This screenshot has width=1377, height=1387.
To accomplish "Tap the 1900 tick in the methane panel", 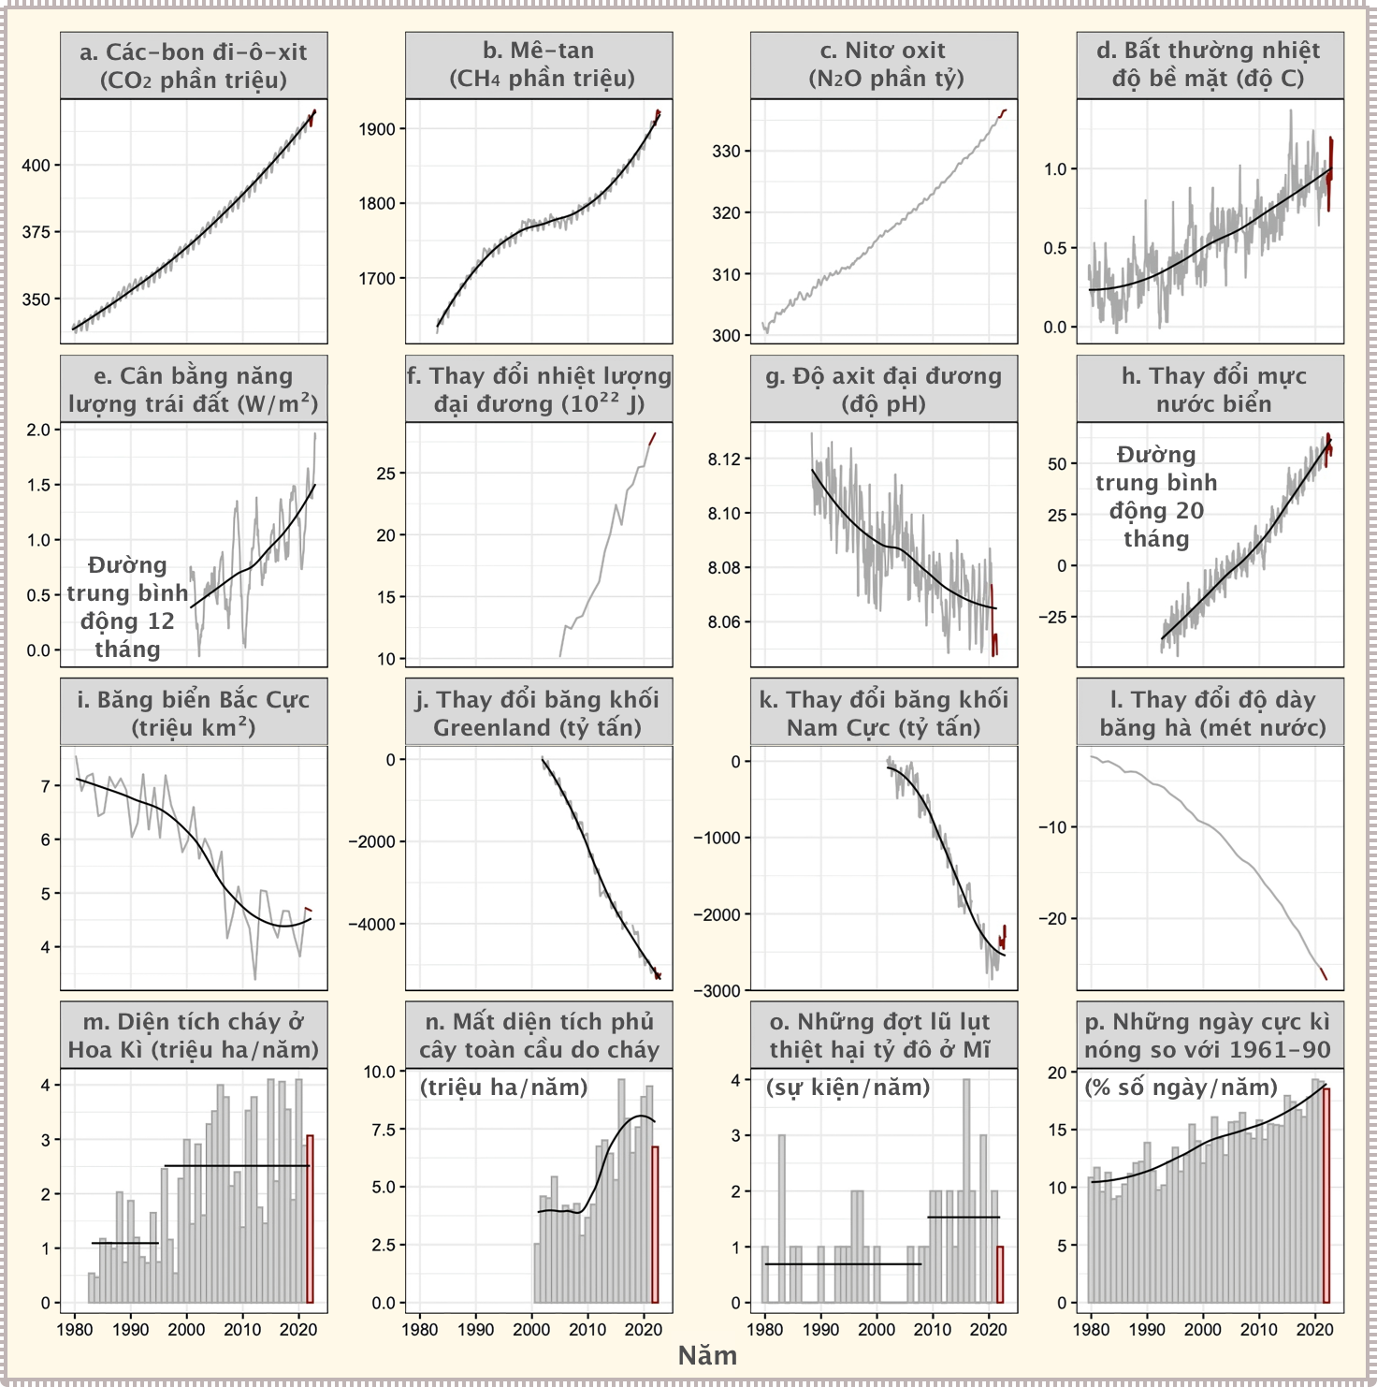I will [376, 129].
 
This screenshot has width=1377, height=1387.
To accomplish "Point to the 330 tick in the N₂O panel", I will [726, 151].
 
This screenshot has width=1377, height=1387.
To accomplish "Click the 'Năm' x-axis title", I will [707, 1355].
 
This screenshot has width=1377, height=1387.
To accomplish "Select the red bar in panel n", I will [655, 1224].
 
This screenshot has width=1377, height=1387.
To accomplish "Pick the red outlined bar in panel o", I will [999, 1274].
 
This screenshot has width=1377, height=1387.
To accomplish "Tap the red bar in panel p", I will [1326, 1195].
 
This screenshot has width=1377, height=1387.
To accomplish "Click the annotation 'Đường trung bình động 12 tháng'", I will [127, 606].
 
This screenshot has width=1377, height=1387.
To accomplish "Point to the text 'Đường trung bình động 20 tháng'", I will [1156, 496].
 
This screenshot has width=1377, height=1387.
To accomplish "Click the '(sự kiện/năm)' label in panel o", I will [848, 1088].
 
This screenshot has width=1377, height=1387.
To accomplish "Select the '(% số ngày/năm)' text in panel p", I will [1181, 1088].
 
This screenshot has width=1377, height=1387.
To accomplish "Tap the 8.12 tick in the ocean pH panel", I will [723, 459].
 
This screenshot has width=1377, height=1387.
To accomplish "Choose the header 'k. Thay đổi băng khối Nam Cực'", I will [884, 713].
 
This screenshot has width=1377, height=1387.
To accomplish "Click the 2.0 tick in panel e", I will [38, 430].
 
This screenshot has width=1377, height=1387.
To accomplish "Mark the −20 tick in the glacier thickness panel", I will [1052, 918].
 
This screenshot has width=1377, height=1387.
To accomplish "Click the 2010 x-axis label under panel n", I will [587, 1329].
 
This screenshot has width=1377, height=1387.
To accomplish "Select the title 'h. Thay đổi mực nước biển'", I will [1213, 389].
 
